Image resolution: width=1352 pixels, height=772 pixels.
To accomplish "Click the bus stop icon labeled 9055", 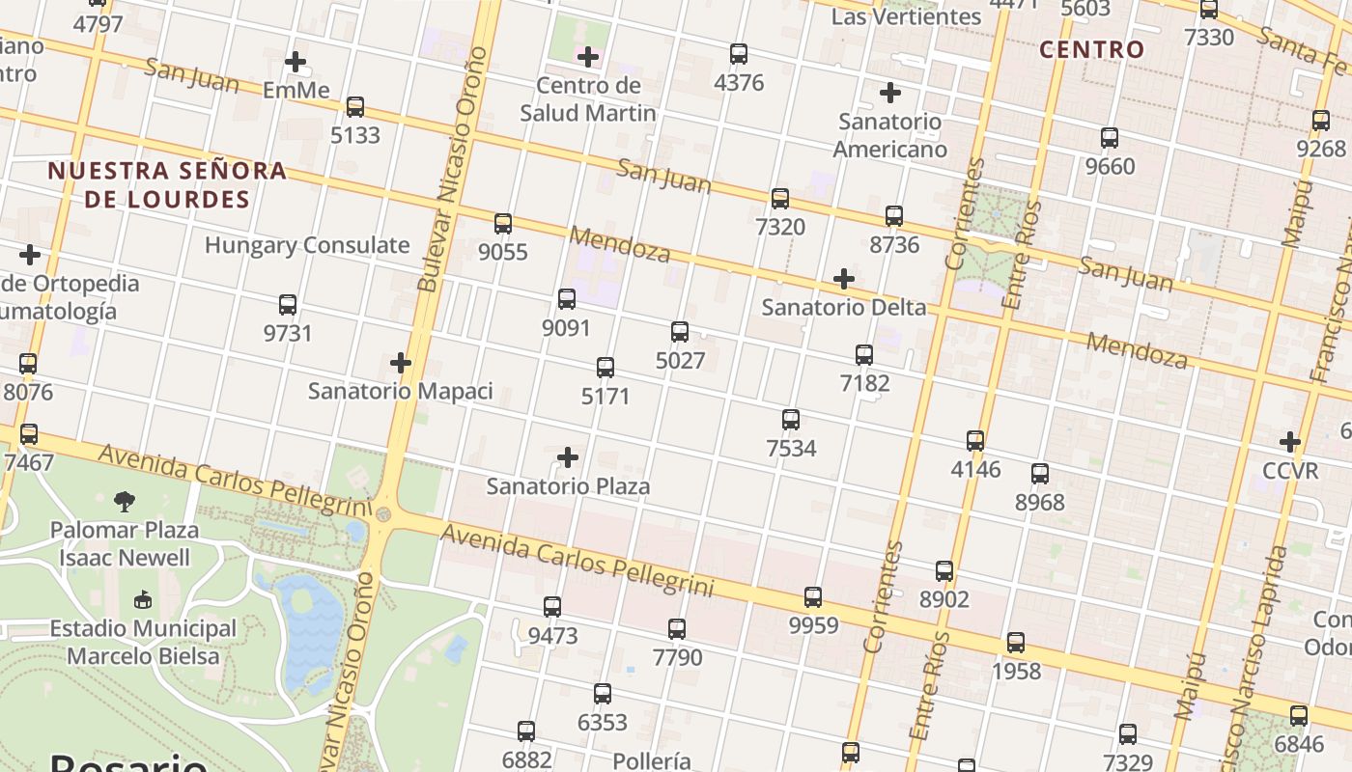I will point(503,224).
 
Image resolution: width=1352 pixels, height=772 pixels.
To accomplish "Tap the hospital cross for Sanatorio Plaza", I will point(568,456).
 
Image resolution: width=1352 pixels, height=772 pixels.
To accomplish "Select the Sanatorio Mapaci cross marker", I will point(401,363).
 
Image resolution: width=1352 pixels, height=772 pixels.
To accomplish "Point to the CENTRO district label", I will point(1091,49).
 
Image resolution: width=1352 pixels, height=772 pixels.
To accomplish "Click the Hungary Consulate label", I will point(307,245).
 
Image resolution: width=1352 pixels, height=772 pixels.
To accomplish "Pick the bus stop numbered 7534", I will point(791,420).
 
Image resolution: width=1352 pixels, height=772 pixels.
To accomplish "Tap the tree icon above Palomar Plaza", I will point(125,501).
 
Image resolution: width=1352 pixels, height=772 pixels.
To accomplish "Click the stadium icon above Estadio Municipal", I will point(143,600).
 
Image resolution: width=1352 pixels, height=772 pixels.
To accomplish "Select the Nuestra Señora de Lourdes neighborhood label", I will point(167,185).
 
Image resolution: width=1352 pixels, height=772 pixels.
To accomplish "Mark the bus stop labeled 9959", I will point(813,597).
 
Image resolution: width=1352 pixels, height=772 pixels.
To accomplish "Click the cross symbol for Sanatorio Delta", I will point(844,279).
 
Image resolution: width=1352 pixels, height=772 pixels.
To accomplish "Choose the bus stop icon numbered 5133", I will point(355,107).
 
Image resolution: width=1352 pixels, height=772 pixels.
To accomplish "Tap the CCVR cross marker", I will point(1290,442).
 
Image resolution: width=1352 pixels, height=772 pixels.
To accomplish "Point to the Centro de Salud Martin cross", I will point(587,57).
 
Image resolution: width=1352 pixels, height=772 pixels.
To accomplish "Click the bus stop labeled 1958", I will point(1016,643).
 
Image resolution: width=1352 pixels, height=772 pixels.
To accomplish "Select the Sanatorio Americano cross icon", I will point(890,93).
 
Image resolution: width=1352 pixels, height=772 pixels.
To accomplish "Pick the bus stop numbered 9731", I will point(288,305).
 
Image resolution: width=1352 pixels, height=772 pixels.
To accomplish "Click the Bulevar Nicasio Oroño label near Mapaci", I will point(452,169).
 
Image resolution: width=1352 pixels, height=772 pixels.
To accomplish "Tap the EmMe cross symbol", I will point(296,62).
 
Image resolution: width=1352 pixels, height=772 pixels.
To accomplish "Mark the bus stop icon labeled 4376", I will point(739,54).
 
